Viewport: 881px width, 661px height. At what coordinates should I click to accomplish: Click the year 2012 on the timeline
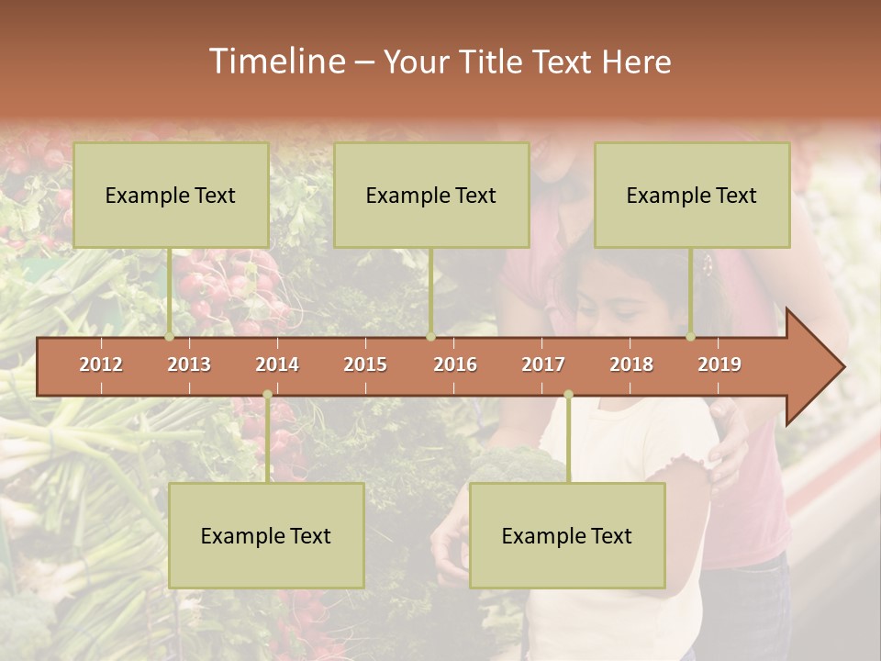click(101, 364)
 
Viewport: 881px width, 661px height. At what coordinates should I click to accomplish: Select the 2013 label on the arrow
click(189, 364)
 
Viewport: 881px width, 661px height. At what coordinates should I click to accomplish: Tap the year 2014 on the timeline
click(277, 364)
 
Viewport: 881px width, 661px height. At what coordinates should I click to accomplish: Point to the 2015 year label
click(365, 364)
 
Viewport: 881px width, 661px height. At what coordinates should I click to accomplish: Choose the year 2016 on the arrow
click(455, 364)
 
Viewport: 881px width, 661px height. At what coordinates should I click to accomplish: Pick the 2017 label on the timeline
click(543, 364)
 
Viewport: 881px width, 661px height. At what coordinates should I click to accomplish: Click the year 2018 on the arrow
click(631, 364)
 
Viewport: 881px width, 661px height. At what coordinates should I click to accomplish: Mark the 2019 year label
click(719, 364)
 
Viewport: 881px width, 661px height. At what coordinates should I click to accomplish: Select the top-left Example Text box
click(171, 195)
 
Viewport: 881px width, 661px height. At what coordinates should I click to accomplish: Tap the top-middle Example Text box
click(431, 195)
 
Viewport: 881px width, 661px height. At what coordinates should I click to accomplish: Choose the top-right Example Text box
click(692, 195)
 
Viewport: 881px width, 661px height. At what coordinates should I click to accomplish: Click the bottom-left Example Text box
click(266, 535)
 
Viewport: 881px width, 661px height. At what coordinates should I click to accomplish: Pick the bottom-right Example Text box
click(567, 535)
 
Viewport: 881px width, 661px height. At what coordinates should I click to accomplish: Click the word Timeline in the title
click(275, 62)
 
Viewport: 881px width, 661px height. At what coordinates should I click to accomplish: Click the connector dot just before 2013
click(170, 337)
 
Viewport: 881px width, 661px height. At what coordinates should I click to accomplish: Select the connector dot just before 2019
click(691, 337)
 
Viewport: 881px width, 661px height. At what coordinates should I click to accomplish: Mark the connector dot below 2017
click(568, 395)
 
